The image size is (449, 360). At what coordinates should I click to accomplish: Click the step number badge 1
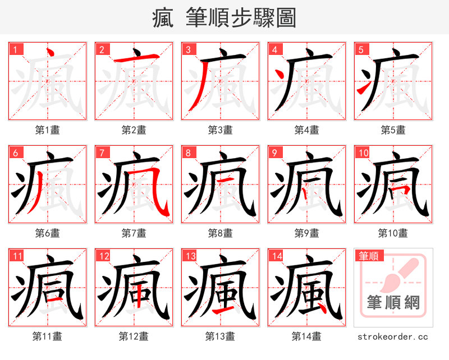coord(16,49)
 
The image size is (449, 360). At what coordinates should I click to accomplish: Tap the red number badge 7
coord(102,153)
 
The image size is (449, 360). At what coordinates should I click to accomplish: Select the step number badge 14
coord(275,256)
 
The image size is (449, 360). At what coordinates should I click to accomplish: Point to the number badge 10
coord(363,153)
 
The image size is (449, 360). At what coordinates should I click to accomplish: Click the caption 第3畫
coord(220,130)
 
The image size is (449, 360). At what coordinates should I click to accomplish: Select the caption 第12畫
coord(134,336)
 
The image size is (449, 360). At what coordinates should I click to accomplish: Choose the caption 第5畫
coord(393,130)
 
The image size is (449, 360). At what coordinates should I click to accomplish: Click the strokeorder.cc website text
coord(393,336)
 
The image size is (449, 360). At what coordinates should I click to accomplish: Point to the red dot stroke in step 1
coord(49,54)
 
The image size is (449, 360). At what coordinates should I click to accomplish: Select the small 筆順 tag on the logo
coord(368,256)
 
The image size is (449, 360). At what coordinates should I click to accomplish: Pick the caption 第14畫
coord(306,336)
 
